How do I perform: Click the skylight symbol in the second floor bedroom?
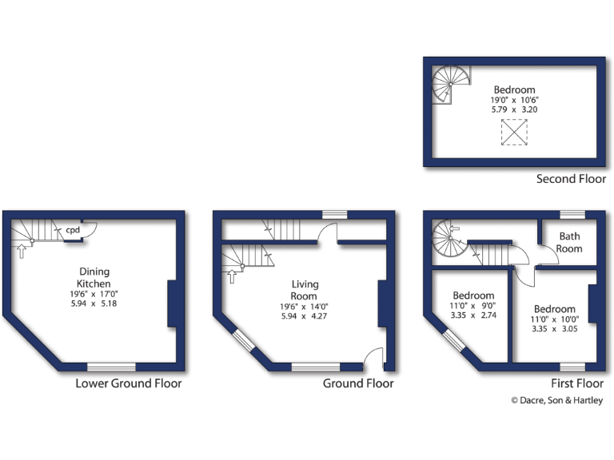pos(514,132)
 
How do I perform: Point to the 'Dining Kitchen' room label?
pos(93,277)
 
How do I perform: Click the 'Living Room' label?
pos(305,290)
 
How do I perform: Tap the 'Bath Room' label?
pos(569,242)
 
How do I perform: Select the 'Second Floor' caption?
pos(571,179)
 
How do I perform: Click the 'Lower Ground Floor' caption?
pos(128,383)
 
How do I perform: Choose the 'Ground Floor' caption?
pos(358,383)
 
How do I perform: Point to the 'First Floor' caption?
pos(571,383)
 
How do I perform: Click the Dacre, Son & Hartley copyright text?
pos(556,401)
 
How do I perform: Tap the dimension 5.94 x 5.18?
pos(93,303)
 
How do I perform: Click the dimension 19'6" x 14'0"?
pos(305,307)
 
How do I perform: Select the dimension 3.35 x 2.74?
pos(474,315)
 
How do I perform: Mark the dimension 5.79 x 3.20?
pos(514,109)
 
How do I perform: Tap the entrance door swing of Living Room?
pos(373,358)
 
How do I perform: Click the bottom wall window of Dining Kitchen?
pos(111,367)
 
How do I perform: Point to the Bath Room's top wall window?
pos(572,214)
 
